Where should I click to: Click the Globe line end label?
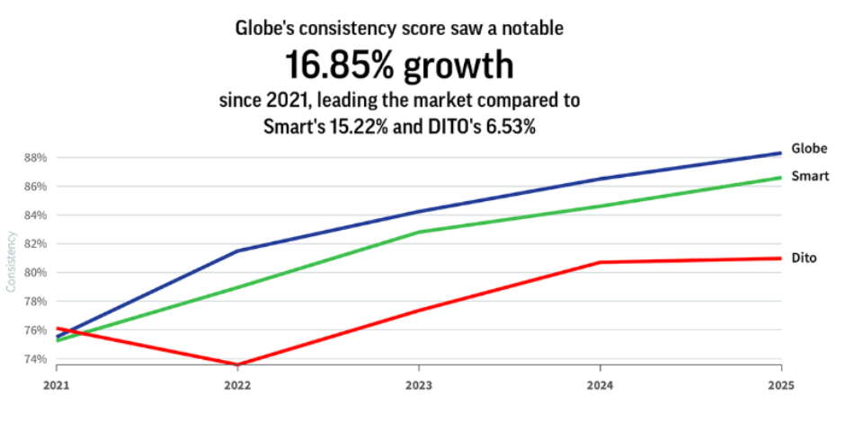809,149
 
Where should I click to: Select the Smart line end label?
809,176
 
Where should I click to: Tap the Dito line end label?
804,258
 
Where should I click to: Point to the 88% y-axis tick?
35,158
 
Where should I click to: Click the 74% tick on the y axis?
35,359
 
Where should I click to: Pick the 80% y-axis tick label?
35,273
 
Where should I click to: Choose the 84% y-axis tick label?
35,215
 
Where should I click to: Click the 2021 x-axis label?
56,383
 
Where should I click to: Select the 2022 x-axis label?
237,383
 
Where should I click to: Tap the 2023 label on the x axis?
419,383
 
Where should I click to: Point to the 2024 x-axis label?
600,383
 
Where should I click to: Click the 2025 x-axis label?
780,383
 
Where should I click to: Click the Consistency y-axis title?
12,261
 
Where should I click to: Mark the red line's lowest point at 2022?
237,364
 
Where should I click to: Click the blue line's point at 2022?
237,250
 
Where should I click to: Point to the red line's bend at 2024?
600,262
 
